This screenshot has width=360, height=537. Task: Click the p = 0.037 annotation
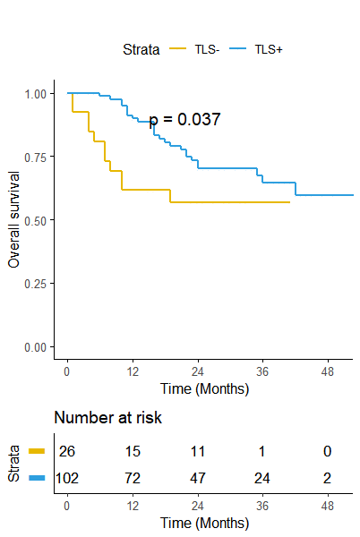184,120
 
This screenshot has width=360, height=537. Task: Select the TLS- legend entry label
207,49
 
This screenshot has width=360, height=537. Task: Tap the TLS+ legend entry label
269,49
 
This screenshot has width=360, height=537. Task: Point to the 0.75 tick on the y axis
35,158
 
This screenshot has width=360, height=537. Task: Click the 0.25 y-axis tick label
35,284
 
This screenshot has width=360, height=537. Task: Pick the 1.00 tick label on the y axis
35,94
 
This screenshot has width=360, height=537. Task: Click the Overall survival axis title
13,219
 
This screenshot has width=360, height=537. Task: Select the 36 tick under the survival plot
262,372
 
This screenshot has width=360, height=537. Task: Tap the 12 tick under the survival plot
133,372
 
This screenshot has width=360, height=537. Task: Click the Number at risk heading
107,417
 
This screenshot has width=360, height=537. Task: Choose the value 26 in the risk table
67,451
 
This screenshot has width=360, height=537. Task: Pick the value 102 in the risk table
67,478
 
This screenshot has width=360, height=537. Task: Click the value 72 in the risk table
133,478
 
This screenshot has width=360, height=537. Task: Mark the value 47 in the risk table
198,478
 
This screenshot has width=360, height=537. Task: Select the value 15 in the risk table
133,451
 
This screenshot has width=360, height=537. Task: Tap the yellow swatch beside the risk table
37,451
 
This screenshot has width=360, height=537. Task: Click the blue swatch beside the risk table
37,478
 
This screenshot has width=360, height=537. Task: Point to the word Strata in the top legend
141,49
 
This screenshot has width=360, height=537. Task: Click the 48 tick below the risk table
328,507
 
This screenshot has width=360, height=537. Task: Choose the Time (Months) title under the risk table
204,524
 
